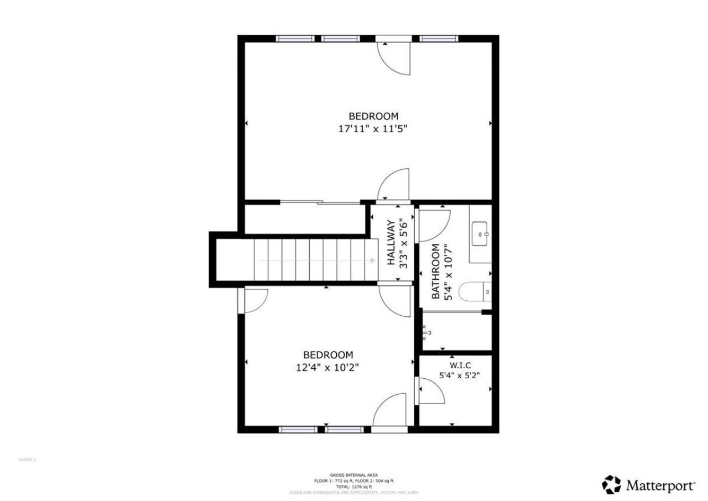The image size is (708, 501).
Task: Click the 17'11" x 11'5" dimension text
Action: click(373, 129)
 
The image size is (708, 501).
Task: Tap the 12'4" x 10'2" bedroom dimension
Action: click(327, 367)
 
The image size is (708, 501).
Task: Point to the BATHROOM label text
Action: click(436, 271)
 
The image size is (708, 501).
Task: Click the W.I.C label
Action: click(460, 366)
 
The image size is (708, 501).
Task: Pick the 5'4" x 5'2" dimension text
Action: click(459, 375)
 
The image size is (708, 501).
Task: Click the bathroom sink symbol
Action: click(480, 234)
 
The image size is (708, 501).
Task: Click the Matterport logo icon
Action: click(612, 484)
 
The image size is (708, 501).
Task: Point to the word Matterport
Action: click(660, 486)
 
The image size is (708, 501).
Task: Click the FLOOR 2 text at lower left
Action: click(27, 459)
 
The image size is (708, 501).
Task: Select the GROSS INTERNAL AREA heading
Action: click(353, 475)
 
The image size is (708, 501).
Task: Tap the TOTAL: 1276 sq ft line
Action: click(353, 486)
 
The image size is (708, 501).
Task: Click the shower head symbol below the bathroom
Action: click(427, 332)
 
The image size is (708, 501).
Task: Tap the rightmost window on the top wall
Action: click(439, 39)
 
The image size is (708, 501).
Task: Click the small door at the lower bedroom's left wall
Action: click(253, 301)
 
